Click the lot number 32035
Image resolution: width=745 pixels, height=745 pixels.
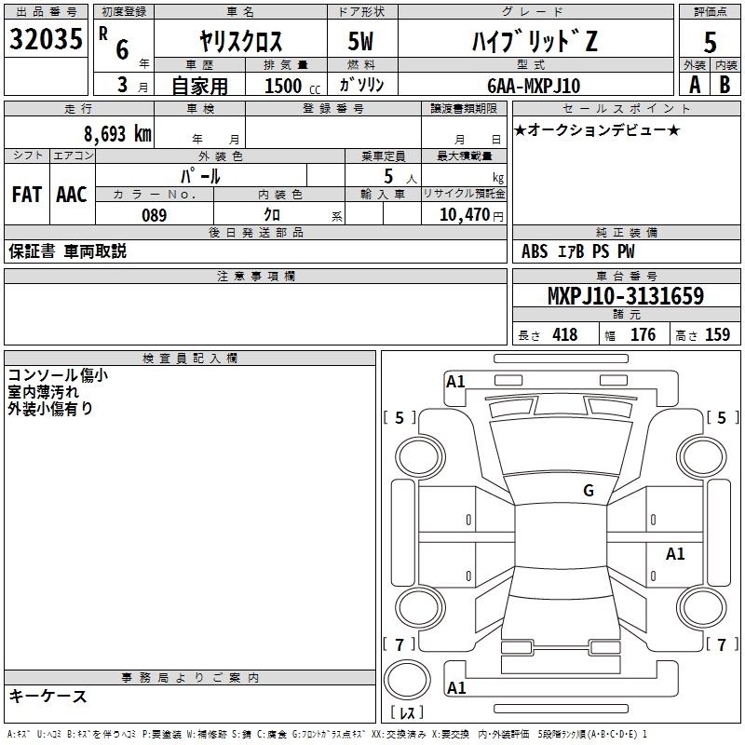[x=46, y=38]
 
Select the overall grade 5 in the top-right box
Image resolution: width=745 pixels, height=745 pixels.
[x=710, y=42]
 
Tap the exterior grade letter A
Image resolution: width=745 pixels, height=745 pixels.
[x=695, y=85]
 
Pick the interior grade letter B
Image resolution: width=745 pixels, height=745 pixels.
[x=725, y=85]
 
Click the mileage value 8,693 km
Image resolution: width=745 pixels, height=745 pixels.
[x=117, y=134]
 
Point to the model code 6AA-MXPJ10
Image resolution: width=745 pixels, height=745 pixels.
[x=534, y=86]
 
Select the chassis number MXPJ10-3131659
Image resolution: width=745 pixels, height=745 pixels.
[x=626, y=295]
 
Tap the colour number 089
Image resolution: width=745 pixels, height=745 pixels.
[x=155, y=215]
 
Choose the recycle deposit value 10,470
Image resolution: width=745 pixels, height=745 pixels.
[x=464, y=214]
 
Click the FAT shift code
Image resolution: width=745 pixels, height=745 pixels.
[x=27, y=195]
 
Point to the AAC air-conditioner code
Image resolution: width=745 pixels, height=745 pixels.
[x=72, y=195]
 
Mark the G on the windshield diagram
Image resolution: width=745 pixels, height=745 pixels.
[x=589, y=490]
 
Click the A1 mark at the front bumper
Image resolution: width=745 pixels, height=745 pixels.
[x=455, y=381]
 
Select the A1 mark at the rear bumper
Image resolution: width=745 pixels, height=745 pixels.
[x=456, y=687]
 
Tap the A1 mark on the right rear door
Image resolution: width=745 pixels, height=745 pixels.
[x=675, y=553]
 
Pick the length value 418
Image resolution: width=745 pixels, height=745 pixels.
[x=565, y=334]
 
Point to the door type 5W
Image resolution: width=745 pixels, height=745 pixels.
[x=360, y=41]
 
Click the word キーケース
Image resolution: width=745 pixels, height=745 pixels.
[x=48, y=696]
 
